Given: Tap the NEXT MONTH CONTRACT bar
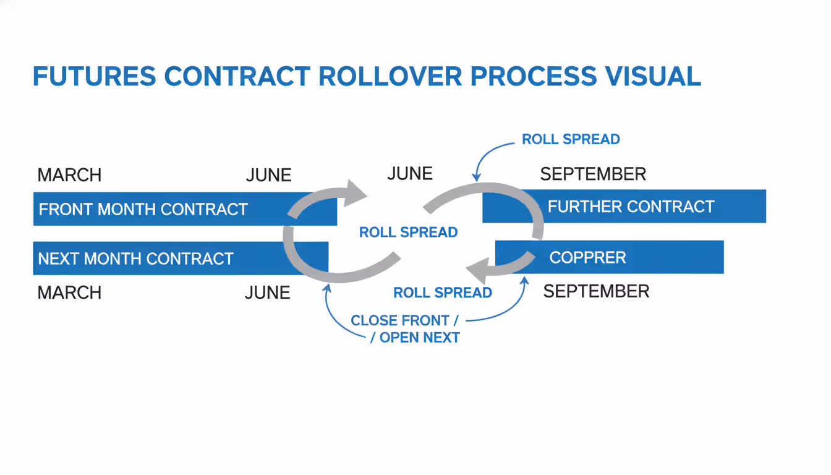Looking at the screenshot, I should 136,259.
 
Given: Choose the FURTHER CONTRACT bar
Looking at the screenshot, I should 631,207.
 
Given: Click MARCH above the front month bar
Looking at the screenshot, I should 69,175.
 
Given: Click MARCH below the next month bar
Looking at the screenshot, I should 69,292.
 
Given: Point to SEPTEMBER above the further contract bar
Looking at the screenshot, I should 593,174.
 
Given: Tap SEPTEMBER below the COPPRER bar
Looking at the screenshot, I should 596,291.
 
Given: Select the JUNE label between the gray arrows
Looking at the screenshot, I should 410,174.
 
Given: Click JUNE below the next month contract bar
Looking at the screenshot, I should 268,292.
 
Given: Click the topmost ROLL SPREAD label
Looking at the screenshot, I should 571,139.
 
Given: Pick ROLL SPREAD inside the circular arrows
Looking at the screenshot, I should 409,233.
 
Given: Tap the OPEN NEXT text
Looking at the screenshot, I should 419,338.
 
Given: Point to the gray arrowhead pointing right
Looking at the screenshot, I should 356,192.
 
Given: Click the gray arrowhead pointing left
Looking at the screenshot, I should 477,271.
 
